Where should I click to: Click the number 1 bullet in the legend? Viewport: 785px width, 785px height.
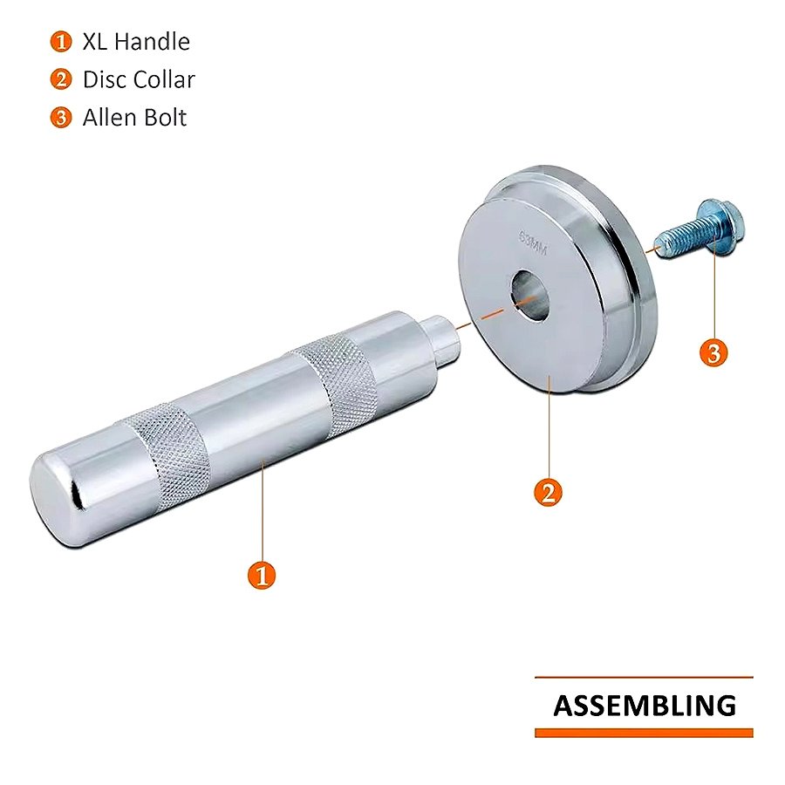tap(60, 42)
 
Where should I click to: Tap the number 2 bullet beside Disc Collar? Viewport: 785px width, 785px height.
tap(60, 79)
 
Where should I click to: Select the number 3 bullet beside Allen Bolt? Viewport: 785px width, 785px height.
tap(60, 118)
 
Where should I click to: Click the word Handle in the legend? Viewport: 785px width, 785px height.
tap(152, 41)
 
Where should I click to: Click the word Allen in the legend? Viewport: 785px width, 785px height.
tap(109, 118)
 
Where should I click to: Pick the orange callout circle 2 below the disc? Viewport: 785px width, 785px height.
tap(549, 493)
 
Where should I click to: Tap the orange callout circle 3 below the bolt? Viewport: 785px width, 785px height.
tap(713, 352)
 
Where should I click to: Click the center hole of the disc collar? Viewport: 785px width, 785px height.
tap(530, 296)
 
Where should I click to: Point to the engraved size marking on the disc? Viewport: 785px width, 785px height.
tap(533, 242)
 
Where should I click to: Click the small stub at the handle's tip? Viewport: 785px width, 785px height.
tap(441, 336)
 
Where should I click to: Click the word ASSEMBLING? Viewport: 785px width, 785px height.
tap(645, 706)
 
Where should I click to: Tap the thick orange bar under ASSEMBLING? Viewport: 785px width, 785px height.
tap(644, 733)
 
